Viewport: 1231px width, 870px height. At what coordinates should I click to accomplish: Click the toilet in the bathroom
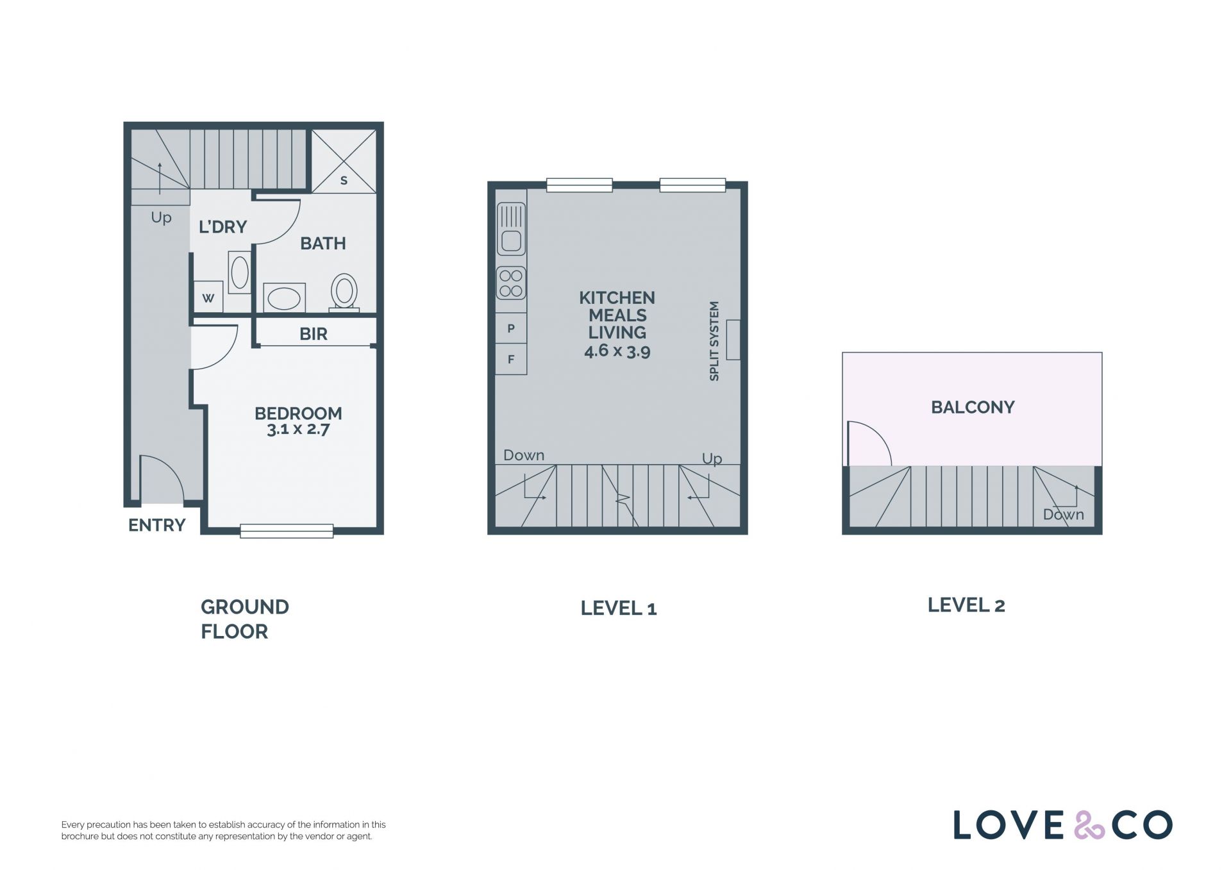(x=344, y=292)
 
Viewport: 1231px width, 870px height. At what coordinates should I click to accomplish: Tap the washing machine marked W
(x=208, y=297)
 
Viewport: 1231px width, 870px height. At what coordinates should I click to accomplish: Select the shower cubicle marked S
(x=344, y=161)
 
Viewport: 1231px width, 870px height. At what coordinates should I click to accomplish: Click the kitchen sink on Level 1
(x=511, y=229)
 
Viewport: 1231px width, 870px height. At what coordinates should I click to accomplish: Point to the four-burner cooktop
(x=511, y=283)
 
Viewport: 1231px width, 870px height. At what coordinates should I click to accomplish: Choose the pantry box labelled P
(x=511, y=328)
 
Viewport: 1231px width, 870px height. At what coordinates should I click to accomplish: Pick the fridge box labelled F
(x=511, y=359)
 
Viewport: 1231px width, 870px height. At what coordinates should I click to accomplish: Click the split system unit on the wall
(x=733, y=340)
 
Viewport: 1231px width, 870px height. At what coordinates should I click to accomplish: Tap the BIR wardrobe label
(x=314, y=334)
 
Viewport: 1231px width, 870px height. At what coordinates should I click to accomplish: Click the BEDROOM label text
(x=298, y=414)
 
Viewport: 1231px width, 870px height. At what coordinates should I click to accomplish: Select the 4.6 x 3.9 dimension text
(x=617, y=351)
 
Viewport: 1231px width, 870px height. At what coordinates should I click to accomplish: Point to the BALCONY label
(x=973, y=407)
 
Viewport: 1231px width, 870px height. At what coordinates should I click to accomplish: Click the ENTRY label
(x=157, y=526)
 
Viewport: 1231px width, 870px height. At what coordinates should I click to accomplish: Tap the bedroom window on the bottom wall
(x=287, y=531)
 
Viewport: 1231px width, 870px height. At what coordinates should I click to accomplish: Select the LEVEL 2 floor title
(x=966, y=605)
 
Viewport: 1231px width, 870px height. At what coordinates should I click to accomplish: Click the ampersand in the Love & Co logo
(x=1089, y=825)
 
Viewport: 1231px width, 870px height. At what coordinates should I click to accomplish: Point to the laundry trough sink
(x=240, y=272)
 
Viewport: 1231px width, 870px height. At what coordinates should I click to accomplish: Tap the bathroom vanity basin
(x=284, y=298)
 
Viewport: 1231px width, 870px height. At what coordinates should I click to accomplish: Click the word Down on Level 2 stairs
(x=1064, y=514)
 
